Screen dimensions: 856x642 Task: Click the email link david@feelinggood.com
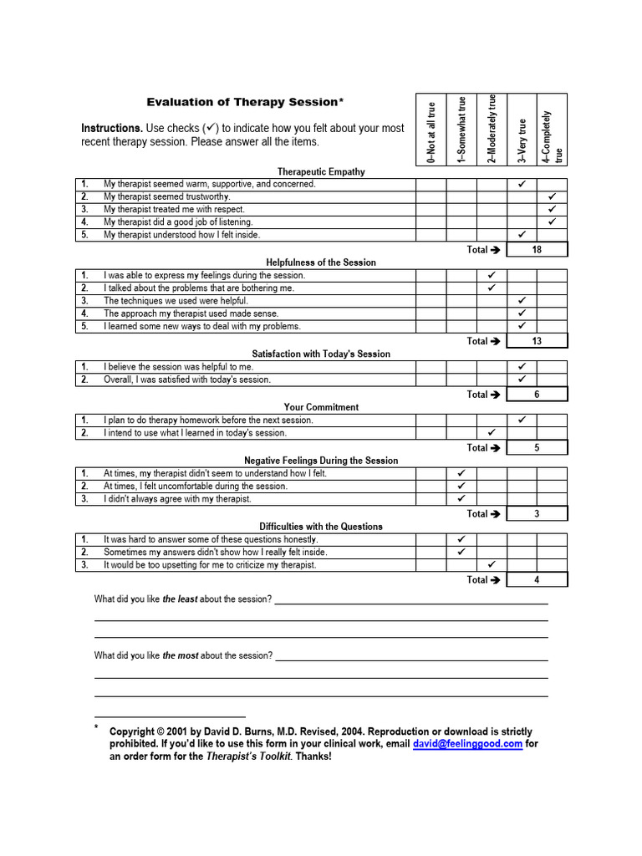[467, 743]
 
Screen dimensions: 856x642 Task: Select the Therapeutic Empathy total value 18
[537, 249]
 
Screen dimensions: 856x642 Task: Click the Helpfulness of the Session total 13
[537, 341]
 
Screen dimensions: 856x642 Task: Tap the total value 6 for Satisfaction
[537, 395]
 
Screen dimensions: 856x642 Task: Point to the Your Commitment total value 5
[537, 448]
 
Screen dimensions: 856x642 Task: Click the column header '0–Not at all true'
[431, 130]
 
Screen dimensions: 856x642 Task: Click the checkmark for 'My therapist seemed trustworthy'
[552, 196]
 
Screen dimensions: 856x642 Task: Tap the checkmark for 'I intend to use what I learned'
[492, 433]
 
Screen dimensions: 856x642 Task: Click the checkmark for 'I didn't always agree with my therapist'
[461, 499]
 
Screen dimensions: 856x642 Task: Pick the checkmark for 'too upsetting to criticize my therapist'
[492, 565]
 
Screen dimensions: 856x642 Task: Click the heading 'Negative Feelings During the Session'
[321, 461]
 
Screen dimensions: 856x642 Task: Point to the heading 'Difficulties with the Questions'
[321, 527]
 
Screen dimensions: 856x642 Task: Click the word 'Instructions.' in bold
[112, 129]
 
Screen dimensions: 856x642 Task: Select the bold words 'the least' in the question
[180, 599]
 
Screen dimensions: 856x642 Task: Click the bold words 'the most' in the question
[181, 656]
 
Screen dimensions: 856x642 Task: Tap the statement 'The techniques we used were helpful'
[176, 301]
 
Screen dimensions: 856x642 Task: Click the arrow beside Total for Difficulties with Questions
[495, 580]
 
